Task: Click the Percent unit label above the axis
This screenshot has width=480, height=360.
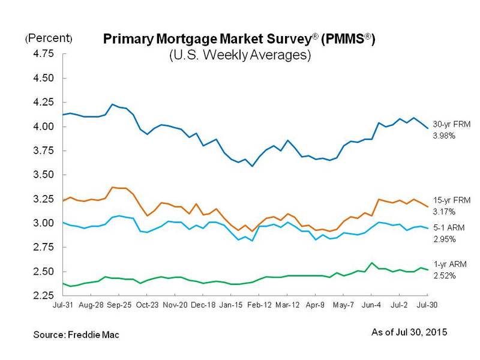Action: click(x=49, y=39)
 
